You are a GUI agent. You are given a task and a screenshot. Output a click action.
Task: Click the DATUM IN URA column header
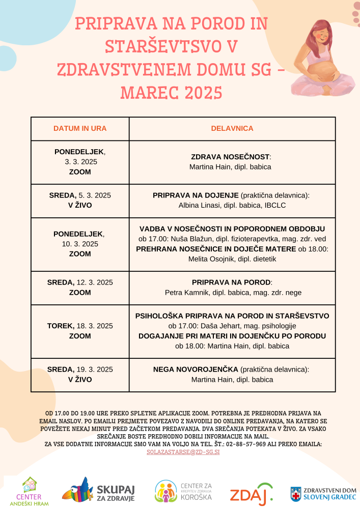[x=80, y=128]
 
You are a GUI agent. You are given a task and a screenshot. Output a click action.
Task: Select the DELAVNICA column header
[x=232, y=128]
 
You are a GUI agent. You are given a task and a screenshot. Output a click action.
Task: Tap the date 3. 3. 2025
[x=80, y=162]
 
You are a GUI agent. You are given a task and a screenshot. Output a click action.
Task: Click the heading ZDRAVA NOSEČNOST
[x=230, y=157]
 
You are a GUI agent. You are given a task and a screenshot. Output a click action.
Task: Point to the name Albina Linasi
[x=199, y=205]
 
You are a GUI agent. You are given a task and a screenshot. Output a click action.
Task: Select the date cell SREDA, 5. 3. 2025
[x=80, y=195]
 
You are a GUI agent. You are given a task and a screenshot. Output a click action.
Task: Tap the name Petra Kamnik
[x=185, y=293]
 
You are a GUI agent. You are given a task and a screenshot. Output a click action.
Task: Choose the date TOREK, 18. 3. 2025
[x=80, y=326]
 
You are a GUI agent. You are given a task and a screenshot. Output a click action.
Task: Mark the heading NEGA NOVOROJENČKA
[x=196, y=370]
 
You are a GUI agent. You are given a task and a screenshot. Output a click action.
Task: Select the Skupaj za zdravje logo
[x=98, y=491]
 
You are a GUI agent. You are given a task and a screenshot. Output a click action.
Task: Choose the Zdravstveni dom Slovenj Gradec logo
[x=323, y=493]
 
